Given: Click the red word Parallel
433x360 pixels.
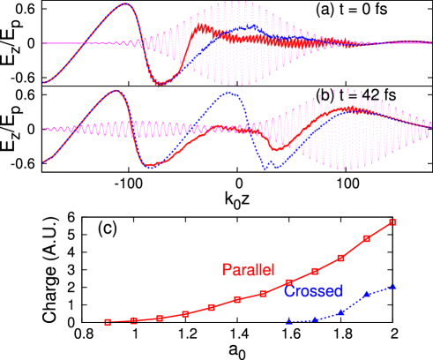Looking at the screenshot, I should pos(249,268).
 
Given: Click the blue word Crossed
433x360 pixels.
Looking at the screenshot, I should pos(313,291).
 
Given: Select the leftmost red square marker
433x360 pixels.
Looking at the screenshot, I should pos(108,322).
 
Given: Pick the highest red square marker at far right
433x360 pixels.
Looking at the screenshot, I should pos(393,221).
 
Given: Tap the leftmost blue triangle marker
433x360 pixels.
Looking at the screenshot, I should pos(289,322).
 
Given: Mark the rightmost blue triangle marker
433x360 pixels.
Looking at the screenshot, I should pos(393,286).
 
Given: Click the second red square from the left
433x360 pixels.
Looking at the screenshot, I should pos(133,320).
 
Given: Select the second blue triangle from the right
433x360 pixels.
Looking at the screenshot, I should pos(367,294).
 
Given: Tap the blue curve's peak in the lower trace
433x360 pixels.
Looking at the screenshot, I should pos(229,93).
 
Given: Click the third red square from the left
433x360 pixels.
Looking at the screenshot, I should pos(160,318).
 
